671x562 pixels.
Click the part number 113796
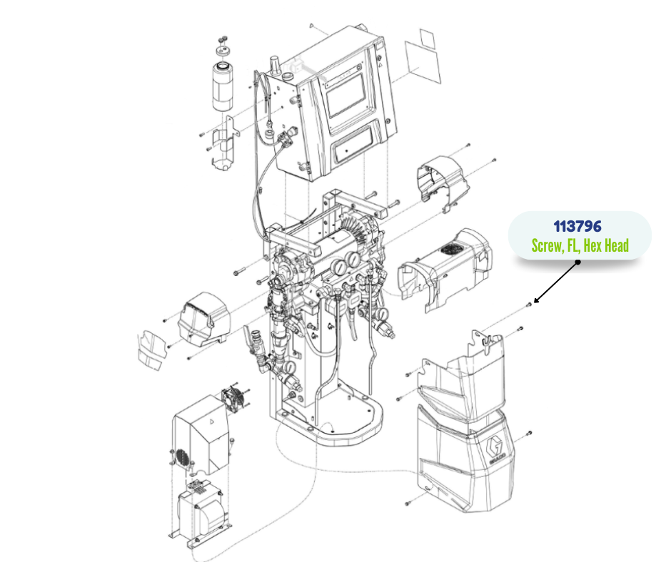click(577, 226)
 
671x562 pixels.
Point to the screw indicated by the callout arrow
click(529, 305)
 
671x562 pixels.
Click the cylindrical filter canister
click(223, 86)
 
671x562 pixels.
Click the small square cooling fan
click(233, 399)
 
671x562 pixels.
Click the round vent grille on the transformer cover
click(183, 458)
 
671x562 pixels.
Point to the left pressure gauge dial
click(338, 267)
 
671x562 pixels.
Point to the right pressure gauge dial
click(353, 259)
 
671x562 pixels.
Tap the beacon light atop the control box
click(275, 66)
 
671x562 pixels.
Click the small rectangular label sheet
click(427, 39)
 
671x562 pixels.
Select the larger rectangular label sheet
click(423, 63)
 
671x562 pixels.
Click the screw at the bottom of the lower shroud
click(408, 503)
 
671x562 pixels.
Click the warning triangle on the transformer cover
click(211, 421)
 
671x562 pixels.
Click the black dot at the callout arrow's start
click(577, 262)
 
